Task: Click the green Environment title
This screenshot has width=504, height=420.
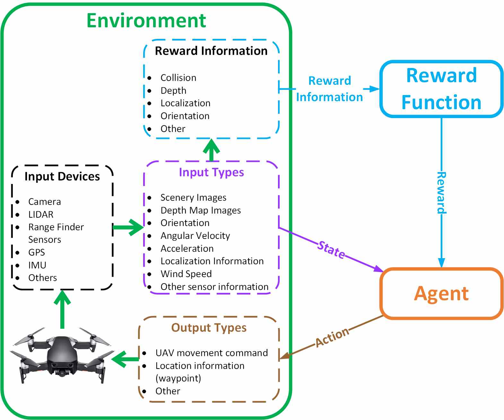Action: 146,21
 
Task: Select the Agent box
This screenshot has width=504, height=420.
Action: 441,293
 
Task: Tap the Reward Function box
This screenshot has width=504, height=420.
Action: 441,89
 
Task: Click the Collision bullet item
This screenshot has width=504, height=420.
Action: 178,77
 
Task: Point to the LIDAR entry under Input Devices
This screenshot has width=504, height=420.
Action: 41,214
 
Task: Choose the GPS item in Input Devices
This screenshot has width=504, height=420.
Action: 37,252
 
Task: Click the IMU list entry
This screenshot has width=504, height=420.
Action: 37,265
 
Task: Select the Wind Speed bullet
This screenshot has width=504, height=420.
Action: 186,274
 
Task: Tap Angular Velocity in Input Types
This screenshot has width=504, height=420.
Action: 195,235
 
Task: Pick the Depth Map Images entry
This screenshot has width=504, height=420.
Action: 201,210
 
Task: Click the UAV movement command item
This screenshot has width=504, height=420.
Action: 212,353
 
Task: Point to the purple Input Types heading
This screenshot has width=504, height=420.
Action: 211,172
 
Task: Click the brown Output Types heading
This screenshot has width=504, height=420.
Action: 209,328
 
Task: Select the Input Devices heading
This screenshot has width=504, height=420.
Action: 62,176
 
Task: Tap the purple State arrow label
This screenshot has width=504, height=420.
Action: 331,250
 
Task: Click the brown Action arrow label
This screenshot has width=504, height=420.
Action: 332,337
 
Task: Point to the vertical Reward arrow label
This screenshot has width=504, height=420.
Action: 441,192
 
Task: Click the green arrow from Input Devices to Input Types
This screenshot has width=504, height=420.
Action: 128,227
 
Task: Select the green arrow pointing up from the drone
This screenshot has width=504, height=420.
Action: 62,309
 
